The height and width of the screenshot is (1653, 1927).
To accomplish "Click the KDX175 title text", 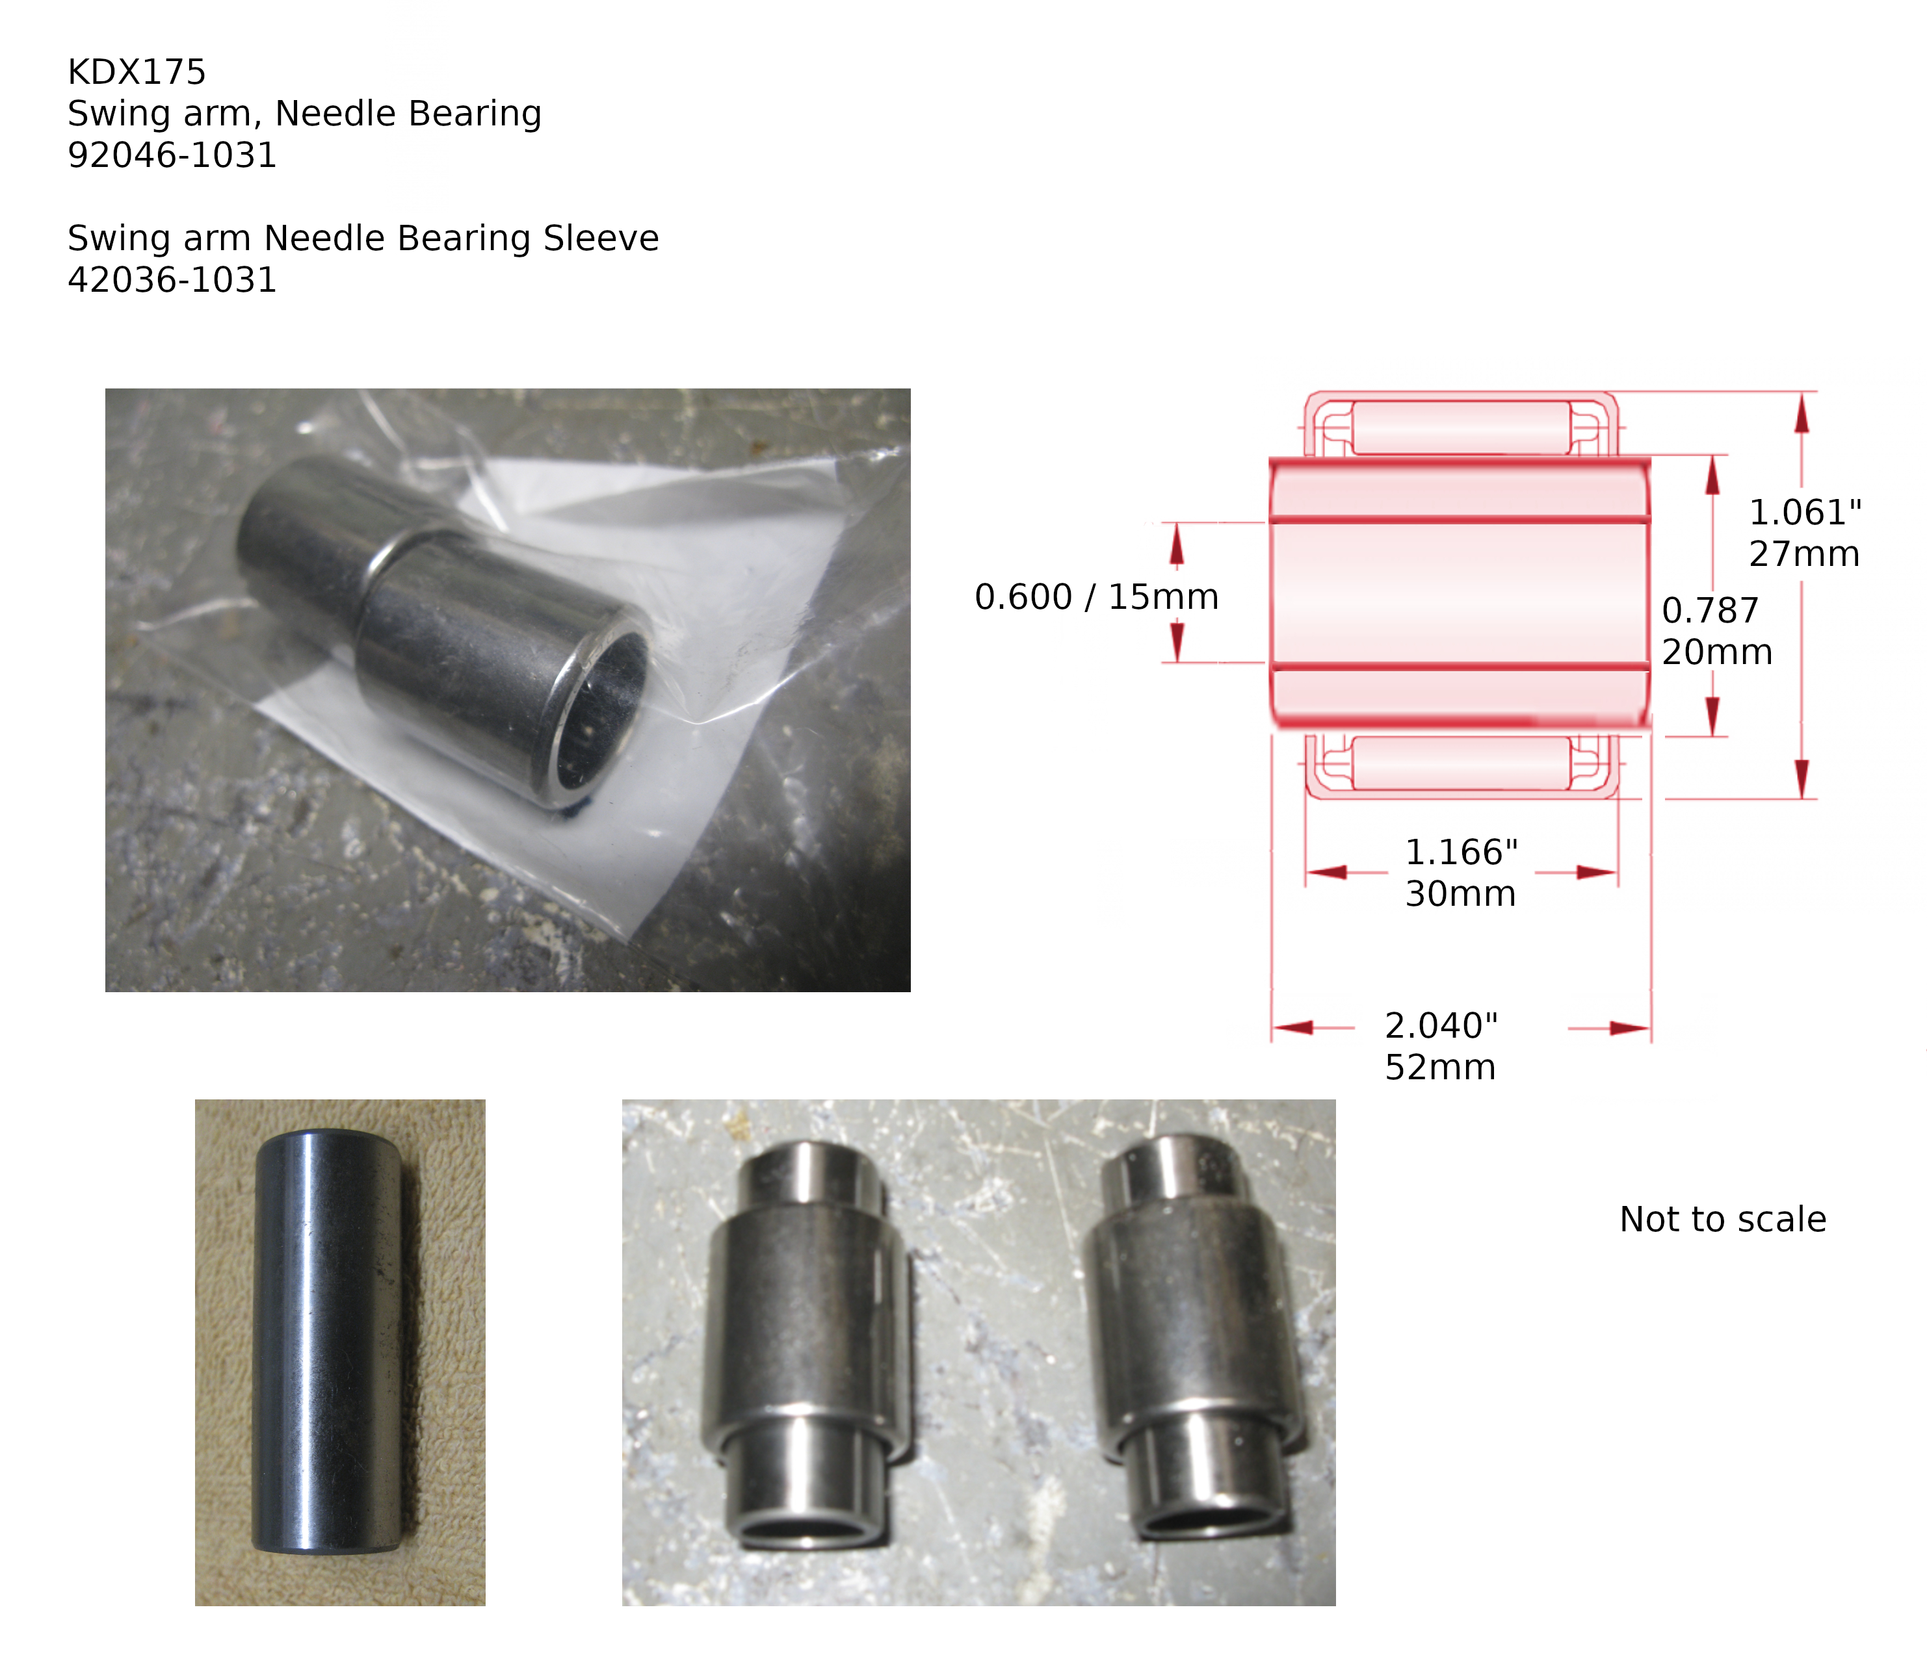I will tap(137, 71).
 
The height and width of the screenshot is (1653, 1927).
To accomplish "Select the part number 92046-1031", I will tap(172, 155).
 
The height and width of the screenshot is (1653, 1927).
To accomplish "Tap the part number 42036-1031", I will tap(172, 280).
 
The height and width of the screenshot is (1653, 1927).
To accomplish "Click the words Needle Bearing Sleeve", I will tap(462, 238).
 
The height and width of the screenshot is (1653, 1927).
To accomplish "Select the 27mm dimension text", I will tap(1804, 554).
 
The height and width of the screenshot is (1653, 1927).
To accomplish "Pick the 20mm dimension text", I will tap(1717, 652).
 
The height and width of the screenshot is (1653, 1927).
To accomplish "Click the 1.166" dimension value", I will tap(1461, 852).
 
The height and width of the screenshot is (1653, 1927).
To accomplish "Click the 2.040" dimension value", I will tap(1441, 1025).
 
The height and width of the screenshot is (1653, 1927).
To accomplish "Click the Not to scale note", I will tap(1722, 1219).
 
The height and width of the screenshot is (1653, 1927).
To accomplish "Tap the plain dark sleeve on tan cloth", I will tap(328, 1342).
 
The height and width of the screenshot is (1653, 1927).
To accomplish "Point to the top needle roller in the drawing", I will tap(1460, 428).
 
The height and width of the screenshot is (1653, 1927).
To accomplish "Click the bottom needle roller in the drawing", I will tap(1460, 764).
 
